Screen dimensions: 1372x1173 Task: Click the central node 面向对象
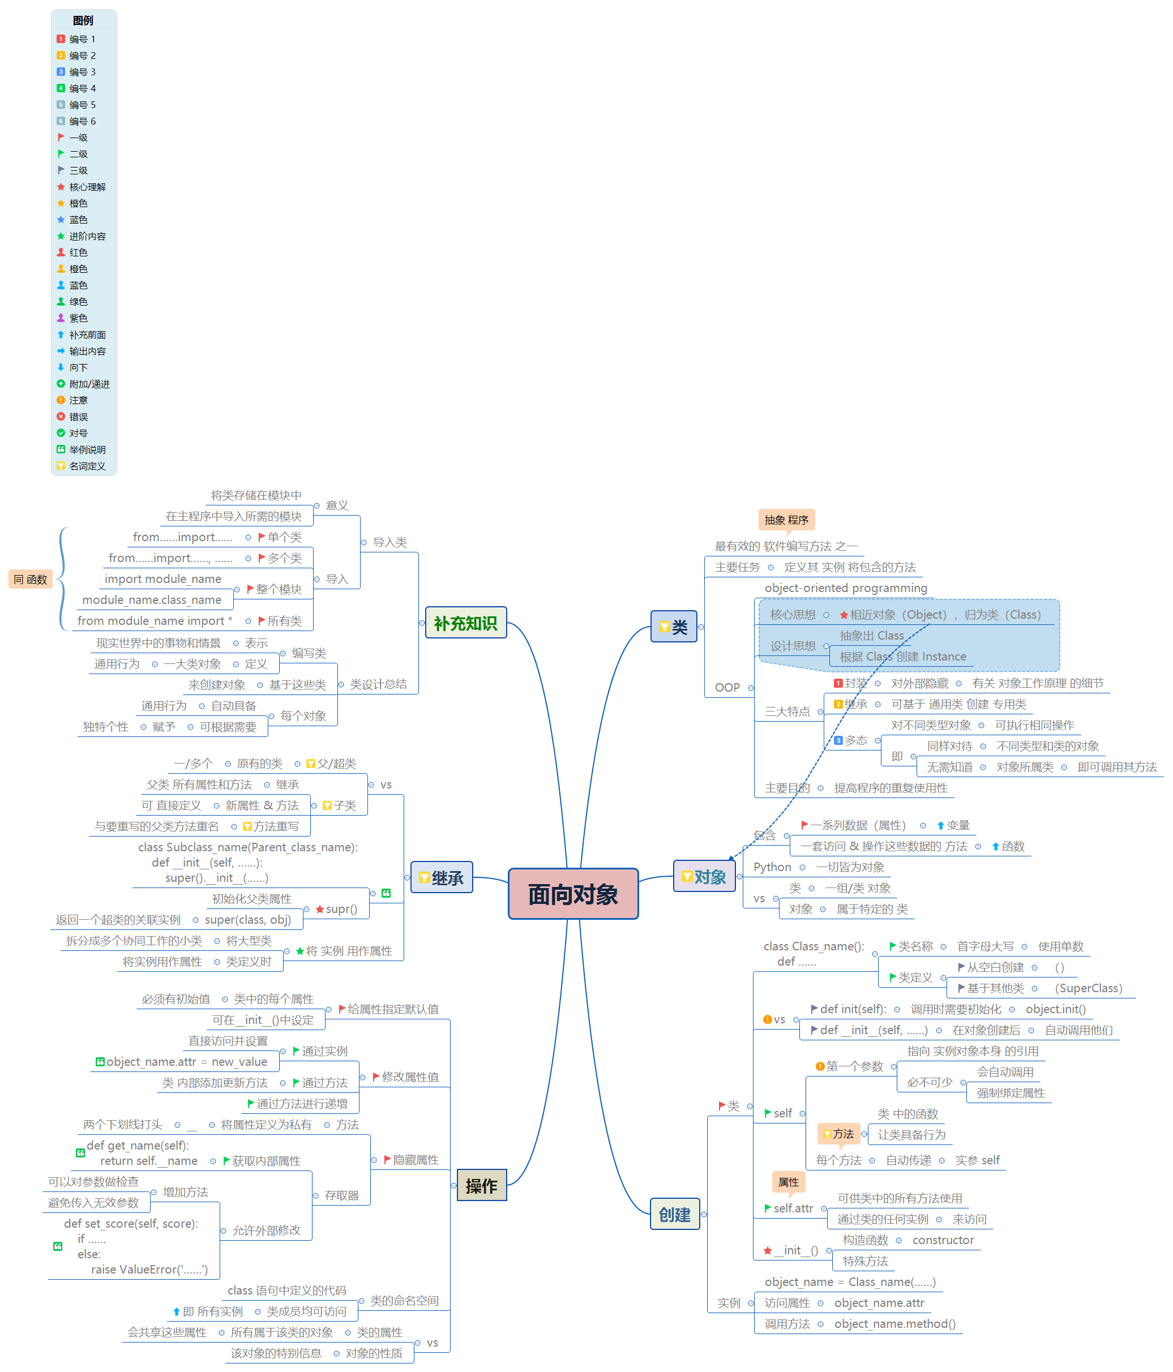coord(572,893)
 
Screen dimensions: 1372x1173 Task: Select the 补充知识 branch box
coord(465,623)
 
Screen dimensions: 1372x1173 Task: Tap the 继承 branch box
coord(441,877)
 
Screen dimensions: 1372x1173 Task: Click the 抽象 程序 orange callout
coord(786,520)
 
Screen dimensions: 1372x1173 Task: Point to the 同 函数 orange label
coord(31,580)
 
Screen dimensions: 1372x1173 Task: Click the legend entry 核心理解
coord(87,187)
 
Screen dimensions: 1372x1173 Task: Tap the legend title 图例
coord(83,20)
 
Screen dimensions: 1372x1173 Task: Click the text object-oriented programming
coord(845,588)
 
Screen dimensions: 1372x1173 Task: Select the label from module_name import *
coord(155,620)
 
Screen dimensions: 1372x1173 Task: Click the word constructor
coord(943,1240)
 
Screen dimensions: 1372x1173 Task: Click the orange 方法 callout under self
coord(838,1134)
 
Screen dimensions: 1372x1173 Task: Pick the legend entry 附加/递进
coord(89,384)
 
